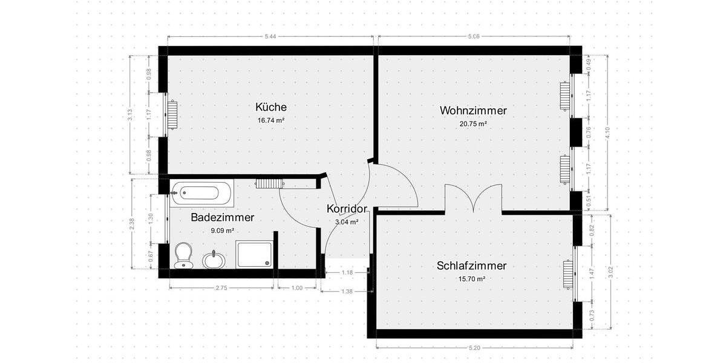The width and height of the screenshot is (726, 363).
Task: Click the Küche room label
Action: tap(270, 107)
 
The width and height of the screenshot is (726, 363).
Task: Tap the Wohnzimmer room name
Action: tap(473, 111)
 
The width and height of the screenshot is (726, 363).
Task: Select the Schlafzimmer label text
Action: tap(471, 266)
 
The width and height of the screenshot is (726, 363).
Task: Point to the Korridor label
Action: tap(347, 209)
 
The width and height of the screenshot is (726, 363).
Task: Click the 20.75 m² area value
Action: tap(473, 123)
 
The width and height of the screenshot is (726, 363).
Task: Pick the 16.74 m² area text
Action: tap(270, 120)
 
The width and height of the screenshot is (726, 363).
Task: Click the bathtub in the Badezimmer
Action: tap(201, 193)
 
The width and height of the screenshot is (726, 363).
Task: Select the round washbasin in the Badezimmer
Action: tap(212, 260)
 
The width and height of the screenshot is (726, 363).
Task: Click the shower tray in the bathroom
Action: tap(254, 254)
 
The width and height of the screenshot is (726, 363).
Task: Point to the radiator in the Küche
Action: tap(172, 115)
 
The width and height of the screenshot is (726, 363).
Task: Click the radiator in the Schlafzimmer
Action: tap(567, 274)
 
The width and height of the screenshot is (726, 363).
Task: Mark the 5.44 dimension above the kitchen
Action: tap(270, 36)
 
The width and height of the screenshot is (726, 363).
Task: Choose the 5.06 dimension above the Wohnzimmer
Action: tap(473, 36)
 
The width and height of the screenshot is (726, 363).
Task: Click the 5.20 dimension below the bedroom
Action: tap(475, 348)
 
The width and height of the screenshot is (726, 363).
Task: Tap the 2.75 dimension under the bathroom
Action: tap(221, 288)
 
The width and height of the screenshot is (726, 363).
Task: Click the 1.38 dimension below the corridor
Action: tap(347, 292)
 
